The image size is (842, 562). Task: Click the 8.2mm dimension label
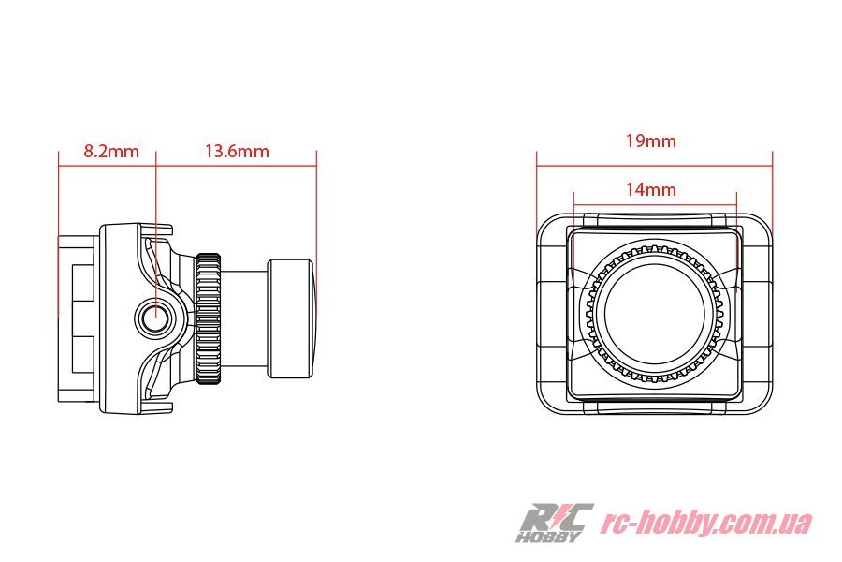[111, 151]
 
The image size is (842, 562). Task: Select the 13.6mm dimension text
[237, 151]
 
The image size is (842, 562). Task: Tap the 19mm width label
[651, 140]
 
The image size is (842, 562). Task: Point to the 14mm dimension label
[651, 189]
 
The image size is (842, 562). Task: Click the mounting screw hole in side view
[155, 315]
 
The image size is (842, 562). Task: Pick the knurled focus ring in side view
[209, 318]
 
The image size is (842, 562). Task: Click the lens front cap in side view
[291, 318]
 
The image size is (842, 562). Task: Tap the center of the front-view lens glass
[654, 313]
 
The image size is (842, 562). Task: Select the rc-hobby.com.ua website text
[706, 523]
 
